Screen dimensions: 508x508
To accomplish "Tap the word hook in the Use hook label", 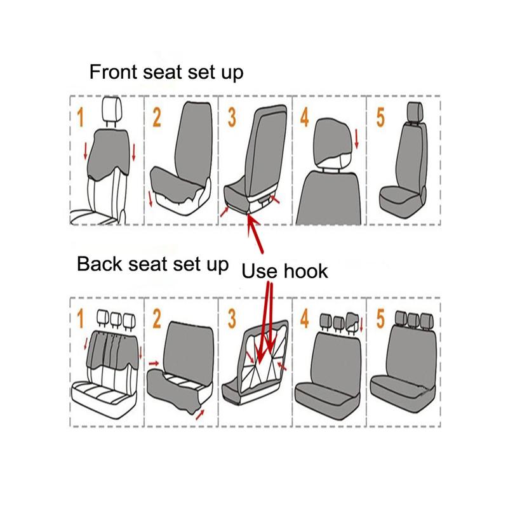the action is coord(306,271).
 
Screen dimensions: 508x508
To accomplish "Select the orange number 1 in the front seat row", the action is coord(81,117).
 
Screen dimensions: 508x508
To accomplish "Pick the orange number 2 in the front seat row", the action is coord(157,117).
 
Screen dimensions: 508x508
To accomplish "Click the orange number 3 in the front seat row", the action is coord(232,117).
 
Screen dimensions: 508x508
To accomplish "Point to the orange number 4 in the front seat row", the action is coord(305,117).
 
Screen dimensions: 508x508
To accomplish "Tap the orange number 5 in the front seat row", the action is coord(380,117).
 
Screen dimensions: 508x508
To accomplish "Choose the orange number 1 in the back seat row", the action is coord(81,319).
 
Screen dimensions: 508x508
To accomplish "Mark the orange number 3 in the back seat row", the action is coord(232,319).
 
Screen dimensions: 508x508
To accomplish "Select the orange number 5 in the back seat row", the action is coord(380,319).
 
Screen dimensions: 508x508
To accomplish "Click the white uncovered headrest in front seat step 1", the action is coord(112,109).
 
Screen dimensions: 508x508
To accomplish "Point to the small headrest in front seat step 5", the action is coord(415,111).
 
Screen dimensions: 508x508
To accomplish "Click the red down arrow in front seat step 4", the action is coord(357,139).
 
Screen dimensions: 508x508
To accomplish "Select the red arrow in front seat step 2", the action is coord(150,199).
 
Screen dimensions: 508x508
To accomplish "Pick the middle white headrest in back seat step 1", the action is coord(116,319).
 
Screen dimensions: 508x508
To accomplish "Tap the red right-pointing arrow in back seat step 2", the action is coord(154,363).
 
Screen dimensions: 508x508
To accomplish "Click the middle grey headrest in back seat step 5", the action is coord(413,319).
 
